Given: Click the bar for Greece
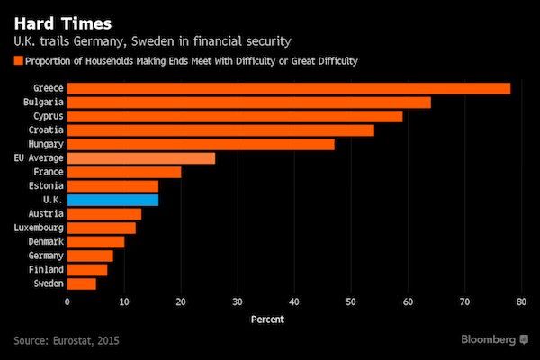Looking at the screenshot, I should [288, 88].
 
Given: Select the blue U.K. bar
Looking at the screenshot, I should [112, 200].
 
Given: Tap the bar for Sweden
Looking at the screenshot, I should [81, 283].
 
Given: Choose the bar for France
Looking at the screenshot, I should [124, 172].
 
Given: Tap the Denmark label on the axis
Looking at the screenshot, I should [45, 242].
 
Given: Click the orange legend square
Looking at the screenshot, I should [18, 61].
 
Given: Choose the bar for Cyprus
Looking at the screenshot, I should [234, 116].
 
